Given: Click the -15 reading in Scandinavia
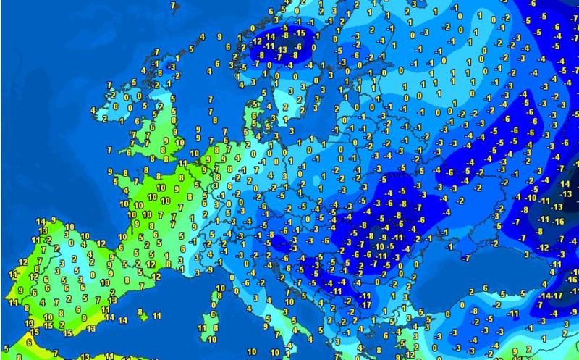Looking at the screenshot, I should click(296, 33).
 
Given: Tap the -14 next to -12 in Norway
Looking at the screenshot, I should click(269, 35).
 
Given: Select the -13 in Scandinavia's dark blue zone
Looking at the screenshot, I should click(282, 49).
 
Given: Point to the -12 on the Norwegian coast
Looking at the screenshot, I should click(258, 40).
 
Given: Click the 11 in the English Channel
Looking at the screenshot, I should click(182, 165).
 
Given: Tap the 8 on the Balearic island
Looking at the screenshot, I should click(141, 313).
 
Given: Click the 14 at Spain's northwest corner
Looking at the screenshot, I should click(40, 220).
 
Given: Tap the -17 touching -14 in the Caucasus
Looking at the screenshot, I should click(558, 296).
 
